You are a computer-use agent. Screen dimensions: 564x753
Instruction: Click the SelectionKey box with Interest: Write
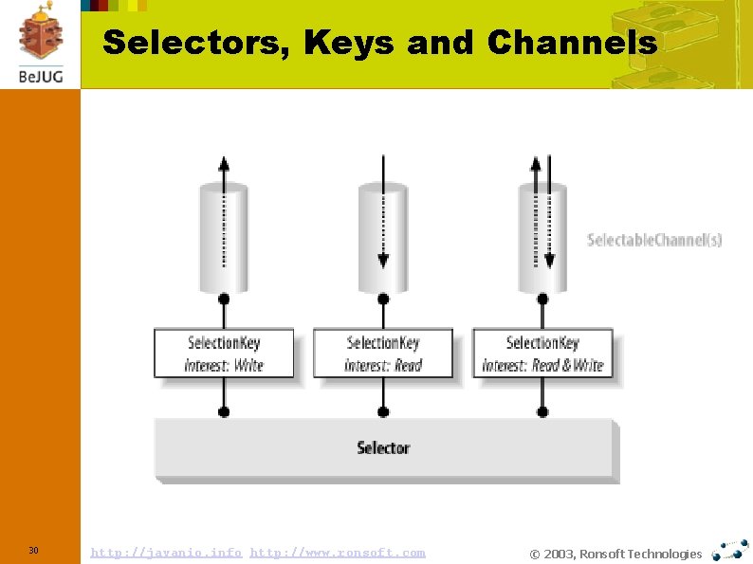[224, 354]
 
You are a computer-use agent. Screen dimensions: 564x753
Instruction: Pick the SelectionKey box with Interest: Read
[383, 354]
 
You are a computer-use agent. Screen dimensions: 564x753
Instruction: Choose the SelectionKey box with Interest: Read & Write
[542, 354]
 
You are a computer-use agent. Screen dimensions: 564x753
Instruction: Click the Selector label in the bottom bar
[383, 447]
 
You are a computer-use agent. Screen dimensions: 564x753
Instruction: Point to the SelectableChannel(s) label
[654, 240]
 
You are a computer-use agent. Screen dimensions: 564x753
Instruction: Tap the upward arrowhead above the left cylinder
[224, 162]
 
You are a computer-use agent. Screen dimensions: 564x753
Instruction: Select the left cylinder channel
[224, 237]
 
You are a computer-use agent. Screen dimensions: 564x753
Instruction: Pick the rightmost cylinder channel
[542, 237]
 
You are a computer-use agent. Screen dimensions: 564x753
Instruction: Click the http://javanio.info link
[166, 552]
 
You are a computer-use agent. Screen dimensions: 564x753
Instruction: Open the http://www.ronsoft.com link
[338, 552]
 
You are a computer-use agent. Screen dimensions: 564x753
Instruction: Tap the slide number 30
[33, 551]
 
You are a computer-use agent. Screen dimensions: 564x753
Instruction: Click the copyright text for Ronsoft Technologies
[615, 554]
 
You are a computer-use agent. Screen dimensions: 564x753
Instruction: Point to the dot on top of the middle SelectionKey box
[383, 300]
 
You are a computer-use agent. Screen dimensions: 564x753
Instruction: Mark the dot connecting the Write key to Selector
[224, 412]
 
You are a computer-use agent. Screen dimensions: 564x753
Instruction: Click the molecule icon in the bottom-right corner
[730, 550]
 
